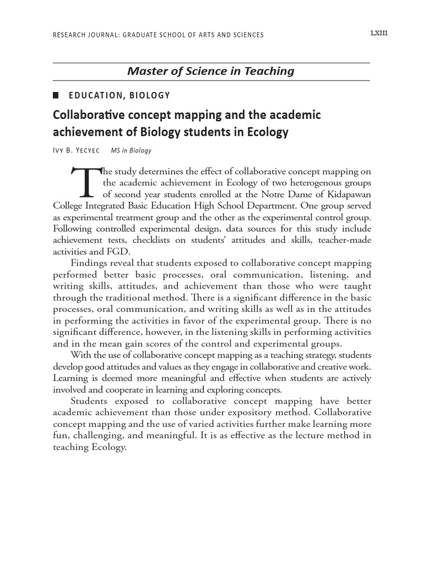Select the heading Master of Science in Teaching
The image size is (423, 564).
pyautogui.click(x=211, y=71)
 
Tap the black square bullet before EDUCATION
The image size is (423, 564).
pyautogui.click(x=56, y=95)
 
